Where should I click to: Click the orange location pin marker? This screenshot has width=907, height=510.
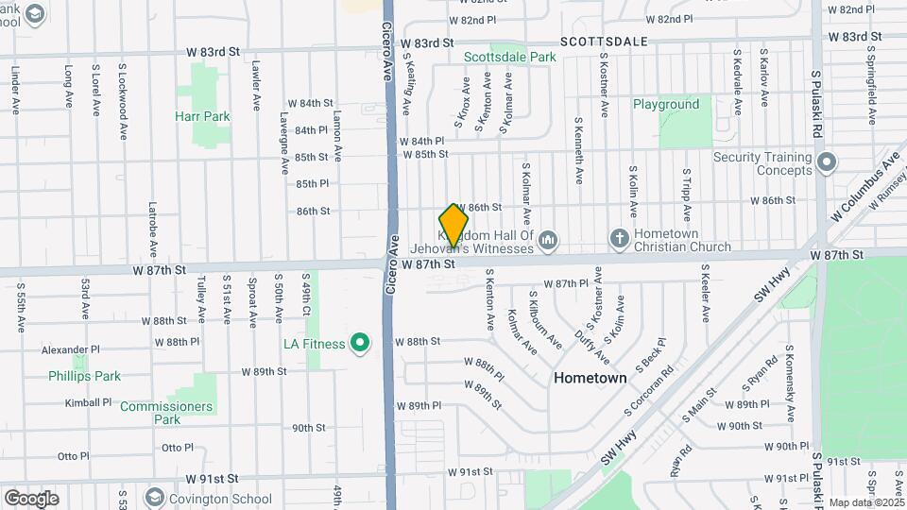click(453, 225)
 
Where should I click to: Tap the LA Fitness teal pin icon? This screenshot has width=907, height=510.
click(359, 343)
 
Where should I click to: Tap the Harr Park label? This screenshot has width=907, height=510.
click(202, 117)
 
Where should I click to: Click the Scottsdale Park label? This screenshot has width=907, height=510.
click(509, 58)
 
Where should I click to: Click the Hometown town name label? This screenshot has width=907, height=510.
click(590, 378)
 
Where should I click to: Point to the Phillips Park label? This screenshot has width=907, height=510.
click(85, 376)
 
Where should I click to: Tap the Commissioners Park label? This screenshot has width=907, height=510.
click(166, 413)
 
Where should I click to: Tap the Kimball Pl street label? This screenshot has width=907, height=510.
click(89, 402)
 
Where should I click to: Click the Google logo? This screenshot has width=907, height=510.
click(31, 498)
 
